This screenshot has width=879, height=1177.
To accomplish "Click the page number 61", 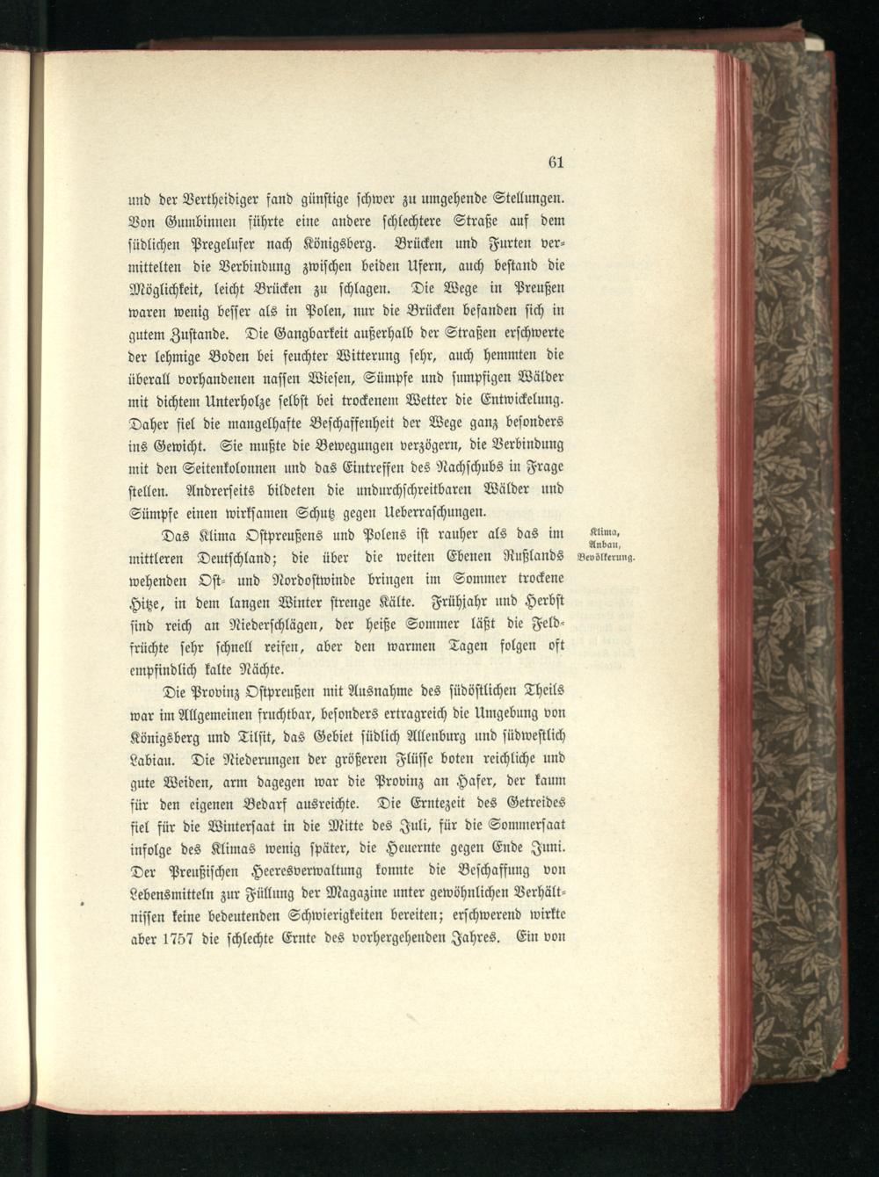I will [555, 162].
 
